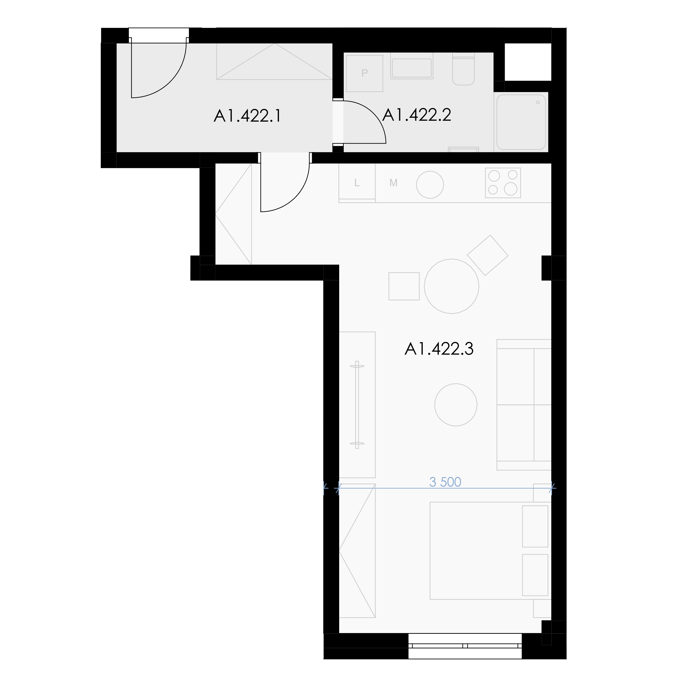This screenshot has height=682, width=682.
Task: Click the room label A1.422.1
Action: [x=248, y=116]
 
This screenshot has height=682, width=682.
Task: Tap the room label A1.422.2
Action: [x=417, y=115]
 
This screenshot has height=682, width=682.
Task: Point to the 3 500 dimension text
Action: [x=445, y=482]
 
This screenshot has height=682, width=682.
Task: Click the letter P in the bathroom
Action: [x=365, y=73]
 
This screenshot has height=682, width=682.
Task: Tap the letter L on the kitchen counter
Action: [x=357, y=183]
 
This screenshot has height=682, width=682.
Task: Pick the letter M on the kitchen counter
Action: [x=393, y=183]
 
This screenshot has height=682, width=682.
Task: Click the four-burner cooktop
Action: [x=503, y=183]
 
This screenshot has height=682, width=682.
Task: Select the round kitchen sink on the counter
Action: [x=430, y=185]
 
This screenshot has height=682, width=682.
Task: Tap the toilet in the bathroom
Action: [x=464, y=69]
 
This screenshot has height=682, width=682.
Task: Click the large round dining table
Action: [x=451, y=286]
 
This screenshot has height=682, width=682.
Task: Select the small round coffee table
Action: [x=456, y=405]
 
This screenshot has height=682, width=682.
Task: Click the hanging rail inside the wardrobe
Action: [x=357, y=405]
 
